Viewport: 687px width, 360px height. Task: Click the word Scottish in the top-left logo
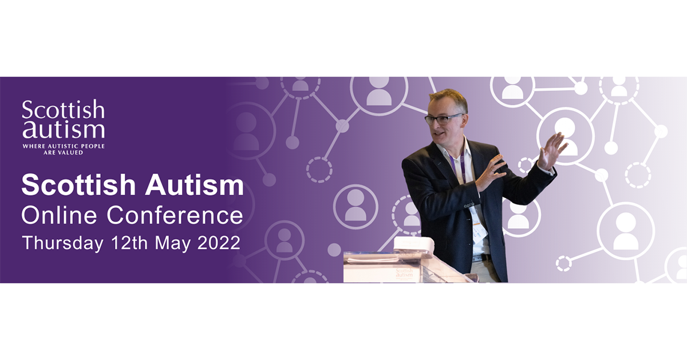click(x=63, y=109)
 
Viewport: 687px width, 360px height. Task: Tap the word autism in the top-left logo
click(x=64, y=130)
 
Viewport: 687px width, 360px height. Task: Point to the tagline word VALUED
click(x=70, y=152)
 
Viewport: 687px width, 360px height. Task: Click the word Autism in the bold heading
click(x=195, y=185)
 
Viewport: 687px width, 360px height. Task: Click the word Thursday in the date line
click(x=62, y=243)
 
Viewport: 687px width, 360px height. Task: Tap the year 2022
click(x=219, y=243)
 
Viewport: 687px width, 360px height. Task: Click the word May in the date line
click(x=173, y=244)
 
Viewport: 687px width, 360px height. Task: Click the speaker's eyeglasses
click(x=443, y=119)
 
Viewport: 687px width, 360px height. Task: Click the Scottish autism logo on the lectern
click(x=404, y=273)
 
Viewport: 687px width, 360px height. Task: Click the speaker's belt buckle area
click(x=482, y=258)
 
